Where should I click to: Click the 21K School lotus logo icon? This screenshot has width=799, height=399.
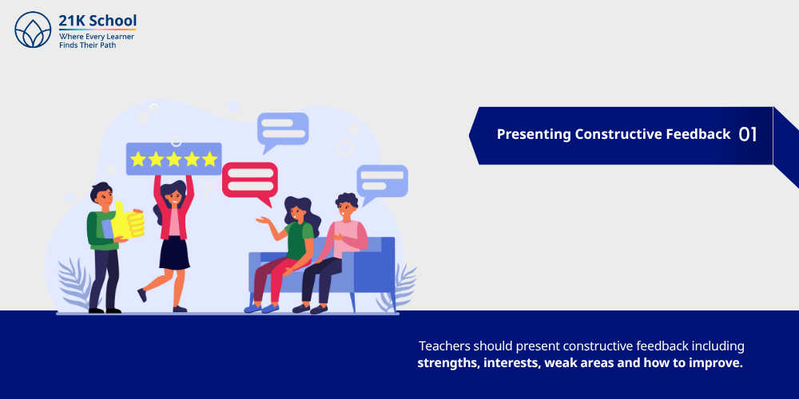(x=33, y=30)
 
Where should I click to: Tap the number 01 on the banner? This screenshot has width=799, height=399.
(x=747, y=134)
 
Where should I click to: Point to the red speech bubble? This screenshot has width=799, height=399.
(x=249, y=179)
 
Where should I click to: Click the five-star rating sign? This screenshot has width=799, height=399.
(x=173, y=159)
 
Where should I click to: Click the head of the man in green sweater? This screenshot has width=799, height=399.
(x=101, y=195)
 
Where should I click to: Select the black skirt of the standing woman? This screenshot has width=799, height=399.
(x=174, y=253)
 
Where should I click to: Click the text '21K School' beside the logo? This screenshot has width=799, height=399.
(x=97, y=21)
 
